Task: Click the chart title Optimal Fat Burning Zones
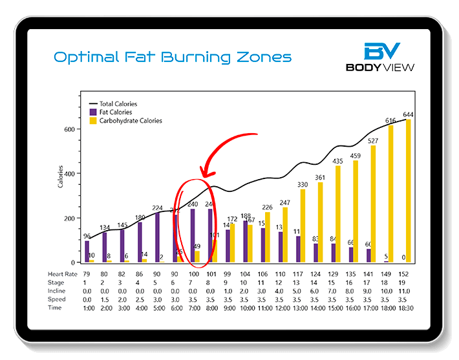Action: point(172,58)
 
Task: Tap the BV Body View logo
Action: point(381,57)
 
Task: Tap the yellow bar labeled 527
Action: point(373,204)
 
